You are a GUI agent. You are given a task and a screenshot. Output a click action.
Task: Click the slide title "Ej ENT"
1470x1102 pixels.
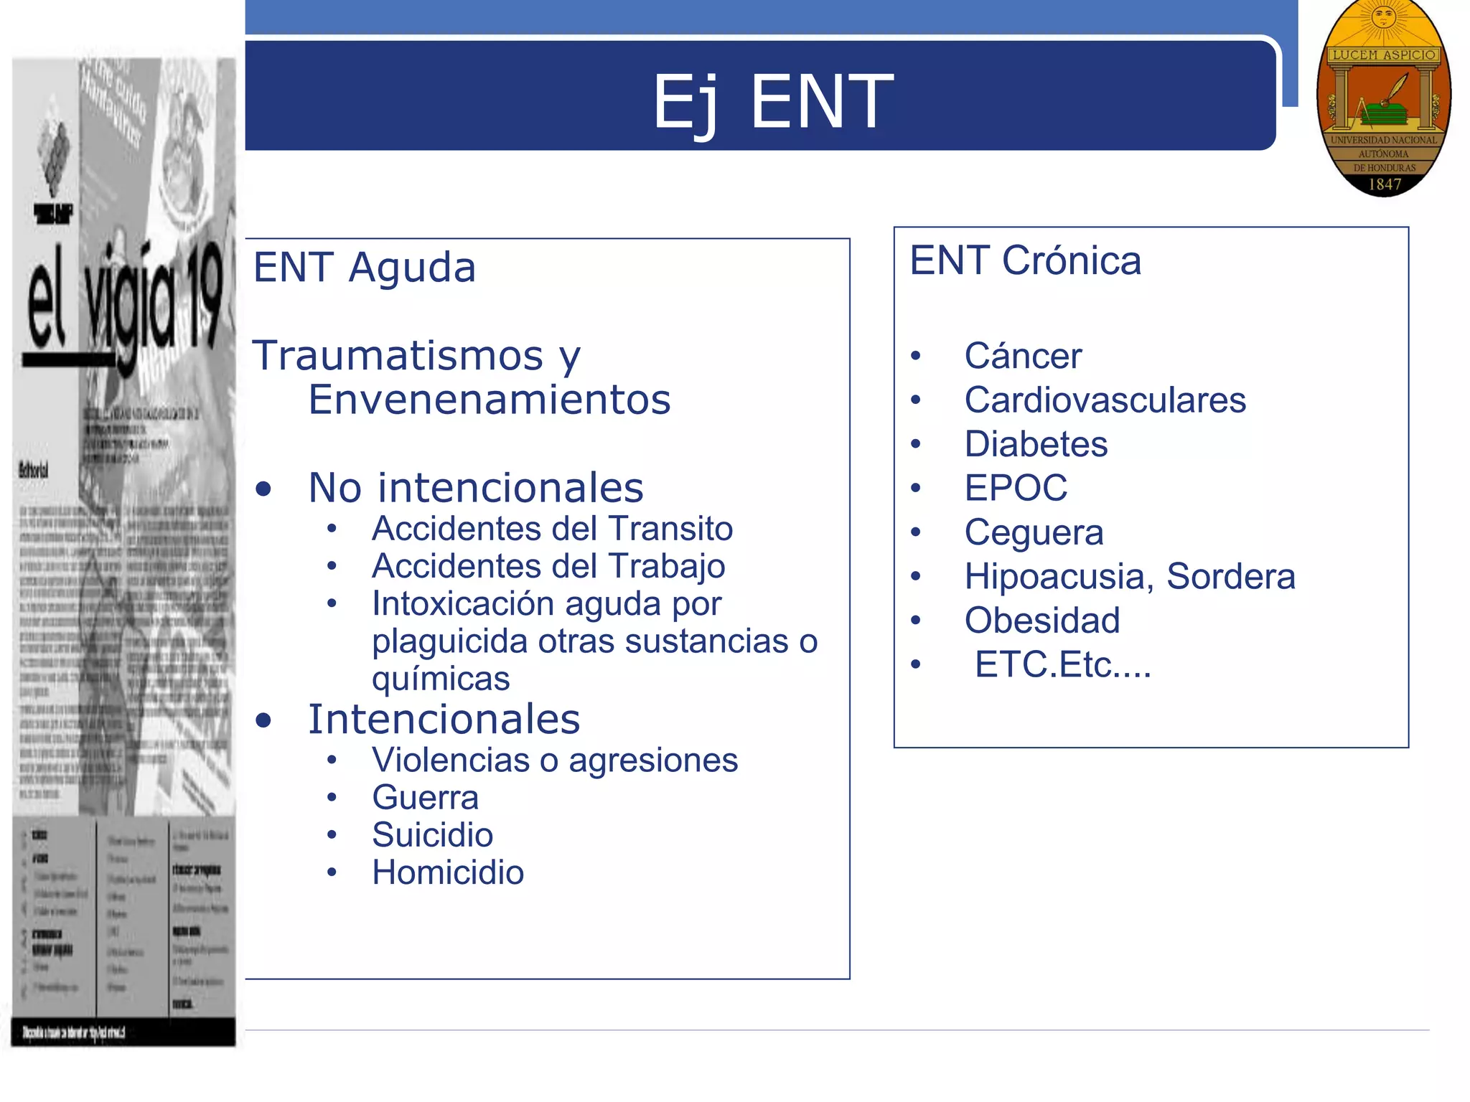click(772, 102)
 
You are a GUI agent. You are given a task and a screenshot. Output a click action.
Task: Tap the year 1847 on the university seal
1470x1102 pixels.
click(1384, 184)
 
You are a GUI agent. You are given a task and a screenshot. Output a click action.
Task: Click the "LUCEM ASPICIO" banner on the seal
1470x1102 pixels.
click(1383, 55)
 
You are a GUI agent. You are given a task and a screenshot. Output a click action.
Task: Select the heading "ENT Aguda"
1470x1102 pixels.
click(365, 268)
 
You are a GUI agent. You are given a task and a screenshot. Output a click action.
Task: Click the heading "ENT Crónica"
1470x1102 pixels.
click(1025, 260)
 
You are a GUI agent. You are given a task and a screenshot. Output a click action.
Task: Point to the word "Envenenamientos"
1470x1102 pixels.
click(490, 400)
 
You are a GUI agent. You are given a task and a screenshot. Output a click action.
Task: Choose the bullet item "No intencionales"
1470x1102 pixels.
click(475, 488)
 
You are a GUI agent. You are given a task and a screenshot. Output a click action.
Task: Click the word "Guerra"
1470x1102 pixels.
click(425, 798)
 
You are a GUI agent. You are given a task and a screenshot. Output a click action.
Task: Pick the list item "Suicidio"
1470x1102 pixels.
click(432, 835)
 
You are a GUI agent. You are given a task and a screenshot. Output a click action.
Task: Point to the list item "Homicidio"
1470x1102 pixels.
click(448, 872)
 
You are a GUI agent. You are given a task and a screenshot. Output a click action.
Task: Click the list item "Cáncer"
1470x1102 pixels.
click(1023, 356)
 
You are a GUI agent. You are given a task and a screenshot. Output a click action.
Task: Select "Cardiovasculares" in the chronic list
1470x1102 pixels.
click(1105, 400)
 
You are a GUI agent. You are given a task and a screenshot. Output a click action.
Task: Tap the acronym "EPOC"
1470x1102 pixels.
click(1016, 489)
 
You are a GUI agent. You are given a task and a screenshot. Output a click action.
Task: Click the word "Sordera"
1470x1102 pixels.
click(1230, 577)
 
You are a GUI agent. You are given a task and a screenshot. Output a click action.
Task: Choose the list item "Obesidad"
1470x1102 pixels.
click(1041, 621)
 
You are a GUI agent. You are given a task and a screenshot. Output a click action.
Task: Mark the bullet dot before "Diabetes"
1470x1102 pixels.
click(915, 445)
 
